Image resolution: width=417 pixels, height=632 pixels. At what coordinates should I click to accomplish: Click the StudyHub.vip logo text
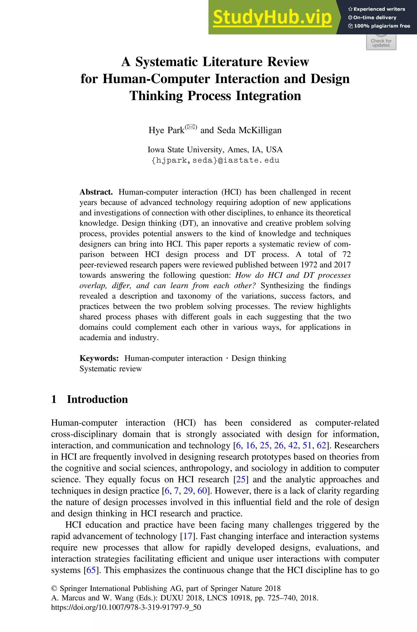click(272, 18)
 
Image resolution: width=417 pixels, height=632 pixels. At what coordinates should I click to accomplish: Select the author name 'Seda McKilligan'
click(249, 130)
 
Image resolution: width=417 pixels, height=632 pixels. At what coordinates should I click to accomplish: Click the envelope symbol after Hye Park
click(191, 127)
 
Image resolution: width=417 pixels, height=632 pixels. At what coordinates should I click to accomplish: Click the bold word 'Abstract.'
click(96, 192)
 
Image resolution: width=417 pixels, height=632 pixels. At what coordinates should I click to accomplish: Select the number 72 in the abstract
click(346, 254)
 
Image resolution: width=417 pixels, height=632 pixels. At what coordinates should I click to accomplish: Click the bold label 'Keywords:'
click(99, 358)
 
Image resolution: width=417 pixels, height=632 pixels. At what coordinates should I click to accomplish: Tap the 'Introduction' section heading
click(97, 399)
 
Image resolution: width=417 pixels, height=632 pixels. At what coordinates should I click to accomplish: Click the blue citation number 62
click(321, 445)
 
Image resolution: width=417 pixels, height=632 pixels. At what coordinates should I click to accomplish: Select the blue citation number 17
click(188, 536)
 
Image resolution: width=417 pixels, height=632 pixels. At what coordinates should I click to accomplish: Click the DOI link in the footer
click(126, 607)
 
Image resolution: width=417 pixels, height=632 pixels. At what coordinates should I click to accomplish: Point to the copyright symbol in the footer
click(54, 589)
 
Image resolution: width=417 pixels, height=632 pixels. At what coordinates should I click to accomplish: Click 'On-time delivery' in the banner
click(374, 18)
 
